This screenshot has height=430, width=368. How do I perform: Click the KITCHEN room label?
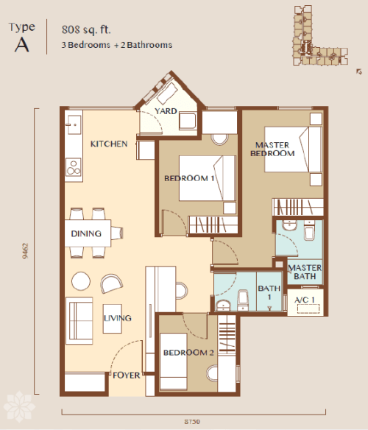pos(109,144)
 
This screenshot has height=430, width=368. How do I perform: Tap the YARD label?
pos(166,111)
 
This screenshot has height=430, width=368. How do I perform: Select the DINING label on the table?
pos(86,233)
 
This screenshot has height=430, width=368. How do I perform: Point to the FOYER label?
pos(126,376)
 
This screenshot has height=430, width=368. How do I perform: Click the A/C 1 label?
pos(305,300)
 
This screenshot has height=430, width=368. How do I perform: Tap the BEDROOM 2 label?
pos(188,353)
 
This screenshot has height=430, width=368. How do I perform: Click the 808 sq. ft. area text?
pos(86,29)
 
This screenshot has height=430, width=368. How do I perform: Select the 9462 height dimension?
pos(25,250)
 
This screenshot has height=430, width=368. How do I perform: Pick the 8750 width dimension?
pos(192,421)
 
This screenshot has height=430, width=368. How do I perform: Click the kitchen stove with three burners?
pos(74,167)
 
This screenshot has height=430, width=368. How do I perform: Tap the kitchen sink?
pos(74,124)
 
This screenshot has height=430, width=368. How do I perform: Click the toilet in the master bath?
pos(309,230)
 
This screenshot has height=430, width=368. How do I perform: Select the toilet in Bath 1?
pos(243,300)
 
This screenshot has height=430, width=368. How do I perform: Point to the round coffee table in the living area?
pos(81,281)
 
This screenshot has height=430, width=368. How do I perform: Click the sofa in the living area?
pos(79,320)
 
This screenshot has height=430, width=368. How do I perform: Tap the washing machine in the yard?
pos(188,121)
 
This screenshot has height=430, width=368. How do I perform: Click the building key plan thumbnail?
pos(320,35)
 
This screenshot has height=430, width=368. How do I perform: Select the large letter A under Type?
pos(21,45)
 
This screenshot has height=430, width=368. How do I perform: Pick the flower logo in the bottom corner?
pos(19,406)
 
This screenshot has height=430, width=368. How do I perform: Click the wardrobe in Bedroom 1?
pos(213,225)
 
